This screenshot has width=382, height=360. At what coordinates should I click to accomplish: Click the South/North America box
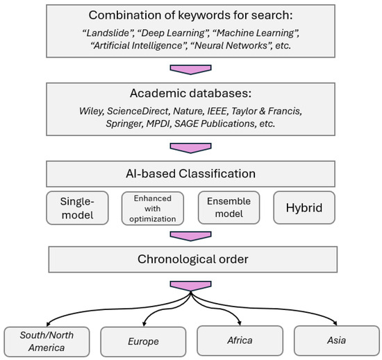[x=46, y=340]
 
